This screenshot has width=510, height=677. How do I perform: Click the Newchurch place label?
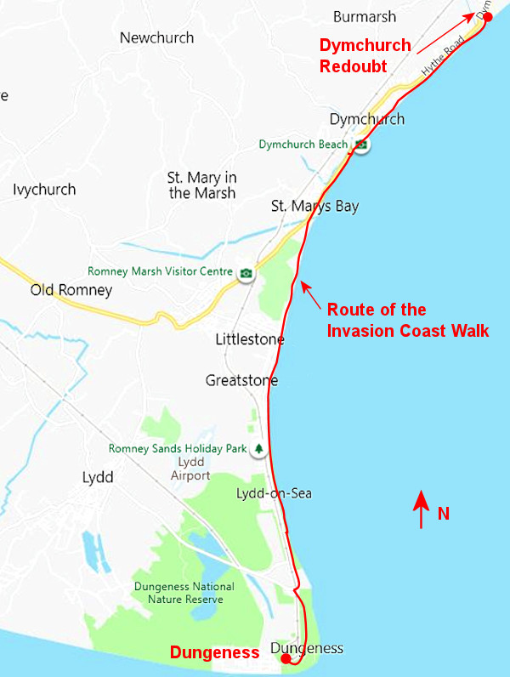pos(156,37)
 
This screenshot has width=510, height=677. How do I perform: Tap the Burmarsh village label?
pos(365,16)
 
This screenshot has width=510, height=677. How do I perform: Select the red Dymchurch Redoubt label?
pos(365,55)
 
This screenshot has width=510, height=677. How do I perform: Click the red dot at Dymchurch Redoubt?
pos(488,17)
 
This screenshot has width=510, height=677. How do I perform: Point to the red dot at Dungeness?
pos(286,658)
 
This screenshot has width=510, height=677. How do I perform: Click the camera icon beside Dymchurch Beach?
pos(361,145)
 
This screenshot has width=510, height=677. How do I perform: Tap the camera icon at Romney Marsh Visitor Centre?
pos(246,273)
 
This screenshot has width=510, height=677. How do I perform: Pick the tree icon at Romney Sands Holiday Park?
pos(258,448)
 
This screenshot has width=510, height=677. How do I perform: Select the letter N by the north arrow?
pos(443,514)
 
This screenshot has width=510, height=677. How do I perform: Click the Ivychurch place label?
pos(44,190)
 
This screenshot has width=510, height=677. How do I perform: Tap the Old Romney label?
pos(71,291)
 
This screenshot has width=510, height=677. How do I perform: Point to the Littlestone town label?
pos(250,340)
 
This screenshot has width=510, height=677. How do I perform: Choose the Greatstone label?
pos(241,380)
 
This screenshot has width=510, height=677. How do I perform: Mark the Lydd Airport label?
pos(190,469)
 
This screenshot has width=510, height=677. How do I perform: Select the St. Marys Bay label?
pos(314,207)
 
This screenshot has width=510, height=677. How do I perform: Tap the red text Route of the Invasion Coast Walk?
pos(408,321)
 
